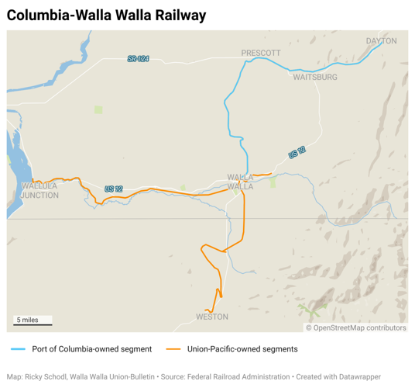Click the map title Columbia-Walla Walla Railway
(x=106, y=15)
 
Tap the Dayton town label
(x=381, y=41)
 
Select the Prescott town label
(x=261, y=53)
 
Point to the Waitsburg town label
(x=315, y=78)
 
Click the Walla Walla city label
(x=240, y=182)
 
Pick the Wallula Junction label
(x=39, y=191)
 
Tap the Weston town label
(x=212, y=317)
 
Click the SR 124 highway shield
(x=138, y=59)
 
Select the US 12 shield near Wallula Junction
(x=114, y=189)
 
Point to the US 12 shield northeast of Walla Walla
(x=297, y=154)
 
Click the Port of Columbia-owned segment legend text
(x=91, y=349)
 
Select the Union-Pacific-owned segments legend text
(x=242, y=349)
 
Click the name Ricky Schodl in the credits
(x=46, y=376)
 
